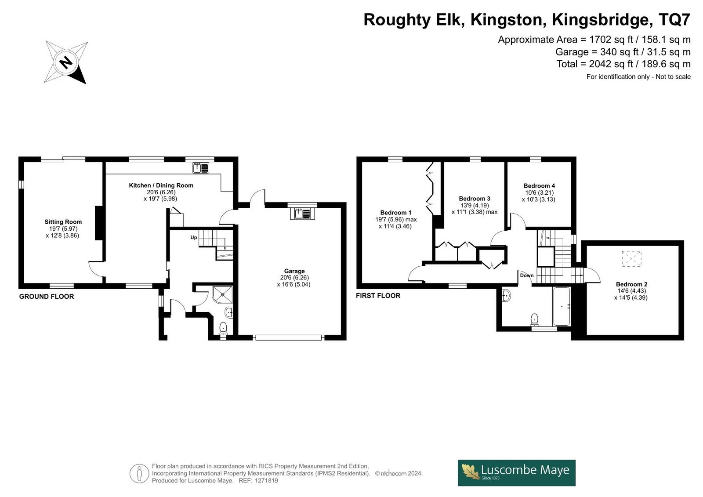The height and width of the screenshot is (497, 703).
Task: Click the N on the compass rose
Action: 66,62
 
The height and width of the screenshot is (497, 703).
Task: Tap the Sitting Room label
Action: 63,222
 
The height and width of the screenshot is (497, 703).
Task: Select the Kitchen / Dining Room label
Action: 161,185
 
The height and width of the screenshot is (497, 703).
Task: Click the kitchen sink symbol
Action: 201,168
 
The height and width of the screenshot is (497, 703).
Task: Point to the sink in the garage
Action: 302,214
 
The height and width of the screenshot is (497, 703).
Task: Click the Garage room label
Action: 294,271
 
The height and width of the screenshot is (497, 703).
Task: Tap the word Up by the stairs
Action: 194,237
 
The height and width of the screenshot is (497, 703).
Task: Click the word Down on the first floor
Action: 527,276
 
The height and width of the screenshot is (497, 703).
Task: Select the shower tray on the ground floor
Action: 222,294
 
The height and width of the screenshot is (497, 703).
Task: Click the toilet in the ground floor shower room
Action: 223,327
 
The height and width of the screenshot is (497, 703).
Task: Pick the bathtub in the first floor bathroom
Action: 562,306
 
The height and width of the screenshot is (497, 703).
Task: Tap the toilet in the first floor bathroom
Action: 534,319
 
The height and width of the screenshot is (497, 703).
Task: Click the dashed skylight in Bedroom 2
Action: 632,259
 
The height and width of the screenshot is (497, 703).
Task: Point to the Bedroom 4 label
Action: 539,186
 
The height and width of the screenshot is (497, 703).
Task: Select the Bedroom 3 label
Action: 475,199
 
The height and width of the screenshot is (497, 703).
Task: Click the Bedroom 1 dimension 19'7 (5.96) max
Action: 396,219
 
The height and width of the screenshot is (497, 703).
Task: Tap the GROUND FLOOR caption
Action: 47,296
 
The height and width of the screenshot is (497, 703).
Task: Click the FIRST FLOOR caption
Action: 378,295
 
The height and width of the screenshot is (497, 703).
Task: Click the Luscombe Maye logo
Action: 517,473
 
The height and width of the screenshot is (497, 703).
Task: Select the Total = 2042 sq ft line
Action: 623,64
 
